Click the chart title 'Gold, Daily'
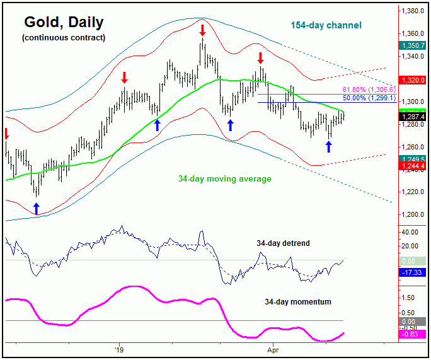[x=64, y=23]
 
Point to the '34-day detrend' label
[x=283, y=243]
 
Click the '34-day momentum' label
[x=298, y=302]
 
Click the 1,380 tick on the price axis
[x=413, y=11]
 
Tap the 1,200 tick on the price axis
[x=413, y=214]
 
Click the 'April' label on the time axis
[x=273, y=348]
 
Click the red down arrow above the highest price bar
[x=202, y=30]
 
